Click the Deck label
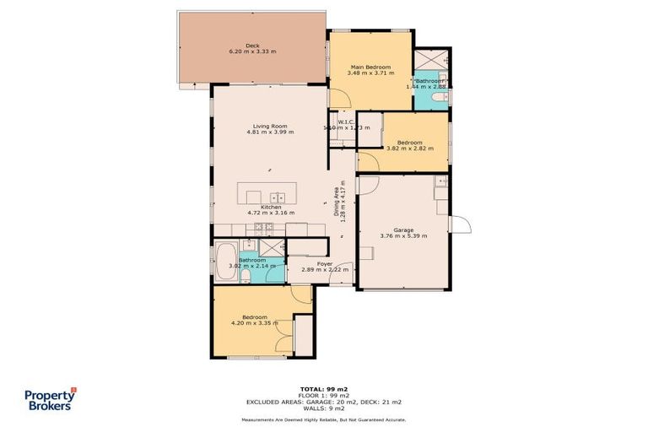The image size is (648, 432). point(252,46)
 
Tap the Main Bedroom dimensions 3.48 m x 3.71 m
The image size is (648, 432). point(370,73)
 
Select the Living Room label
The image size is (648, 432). point(264,126)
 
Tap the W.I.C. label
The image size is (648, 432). point(345,121)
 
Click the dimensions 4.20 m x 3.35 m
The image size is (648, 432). point(255,323)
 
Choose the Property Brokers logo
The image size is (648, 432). point(48,398)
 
